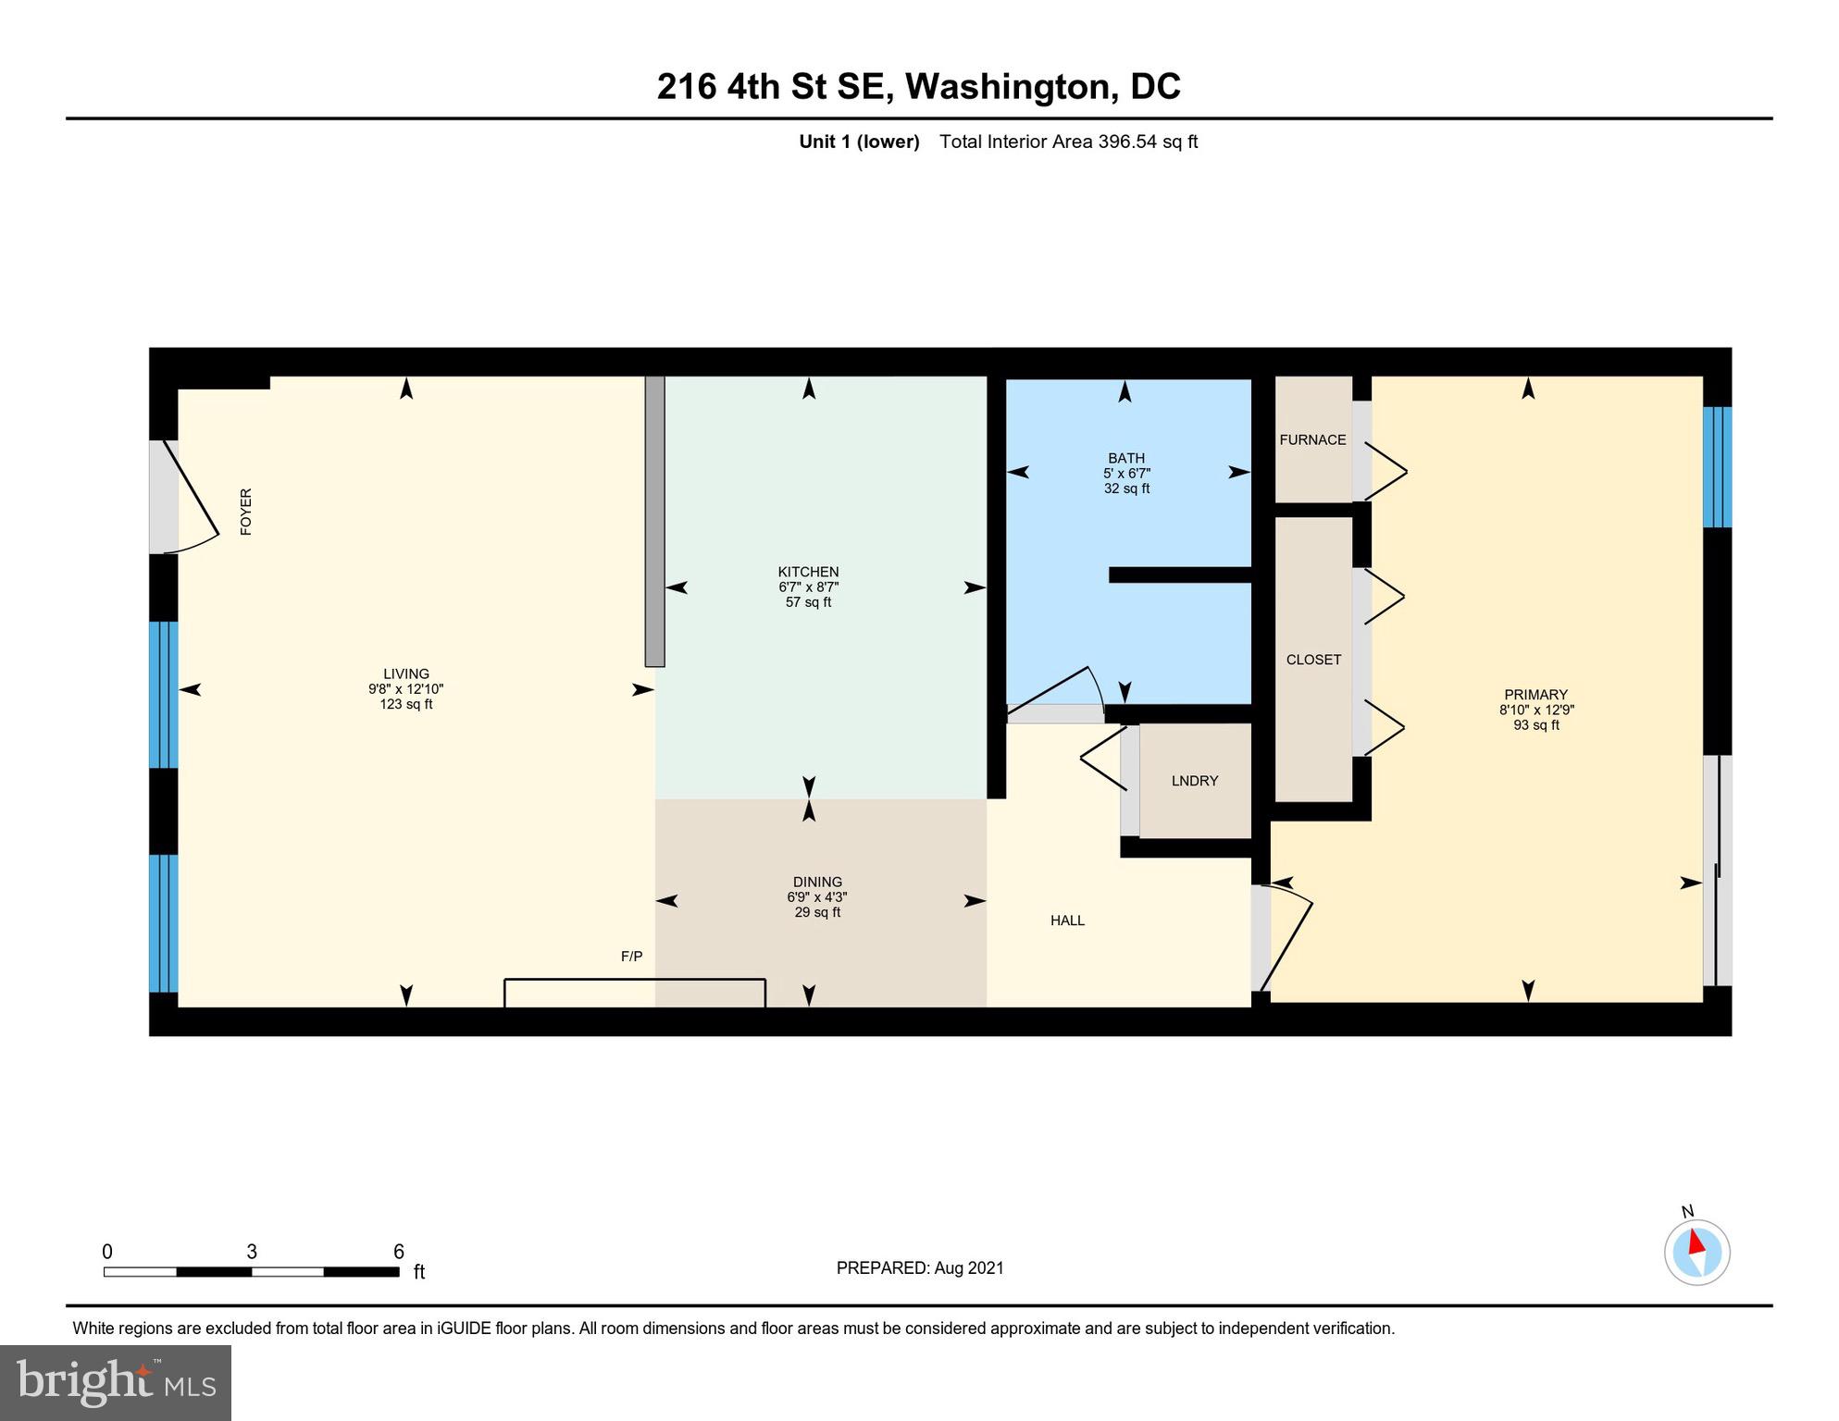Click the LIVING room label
[405, 673]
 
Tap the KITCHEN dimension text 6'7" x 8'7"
[808, 587]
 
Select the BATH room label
[1125, 458]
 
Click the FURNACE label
[1312, 439]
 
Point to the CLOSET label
[1313, 660]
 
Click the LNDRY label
[1194, 781]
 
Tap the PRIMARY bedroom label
[1535, 695]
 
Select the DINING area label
[816, 882]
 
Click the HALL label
[1067, 921]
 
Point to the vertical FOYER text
[246, 512]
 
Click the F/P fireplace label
[631, 957]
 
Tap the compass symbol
[1696, 1252]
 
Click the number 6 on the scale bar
[399, 1252]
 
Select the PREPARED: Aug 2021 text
[919, 1268]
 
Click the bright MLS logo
[116, 1382]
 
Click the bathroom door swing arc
[1064, 689]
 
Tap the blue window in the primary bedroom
[1717, 467]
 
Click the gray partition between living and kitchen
[654, 521]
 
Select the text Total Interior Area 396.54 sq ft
[1068, 142]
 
